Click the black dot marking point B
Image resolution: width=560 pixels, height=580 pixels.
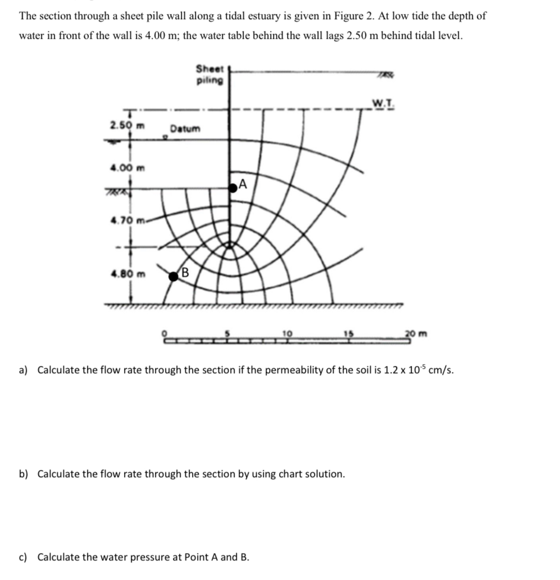pos(173,276)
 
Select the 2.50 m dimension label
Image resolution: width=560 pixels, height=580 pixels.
pos(128,126)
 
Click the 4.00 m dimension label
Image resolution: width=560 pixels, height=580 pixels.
pos(128,168)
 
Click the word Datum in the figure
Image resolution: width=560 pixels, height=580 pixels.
pos(185,129)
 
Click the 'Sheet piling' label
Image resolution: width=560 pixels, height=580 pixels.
pos(210,75)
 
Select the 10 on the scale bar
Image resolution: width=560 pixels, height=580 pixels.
pos(287,333)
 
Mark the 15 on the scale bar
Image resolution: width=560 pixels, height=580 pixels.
pos(349,333)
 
